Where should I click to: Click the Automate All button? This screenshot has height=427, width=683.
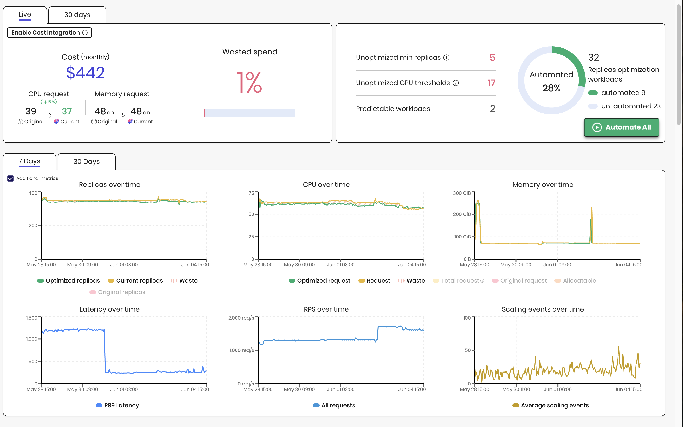click(621, 127)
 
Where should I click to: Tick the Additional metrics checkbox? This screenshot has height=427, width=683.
click(11, 178)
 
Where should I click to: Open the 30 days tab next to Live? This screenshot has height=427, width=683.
click(77, 15)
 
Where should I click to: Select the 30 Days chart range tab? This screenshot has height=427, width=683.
click(86, 161)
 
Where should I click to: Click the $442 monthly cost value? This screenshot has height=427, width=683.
click(85, 73)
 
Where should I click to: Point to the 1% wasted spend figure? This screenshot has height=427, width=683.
click(249, 83)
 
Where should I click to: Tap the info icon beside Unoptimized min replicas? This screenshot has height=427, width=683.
click(446, 58)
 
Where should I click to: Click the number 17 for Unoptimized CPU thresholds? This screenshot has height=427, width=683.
click(491, 83)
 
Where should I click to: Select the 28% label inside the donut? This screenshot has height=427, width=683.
click(551, 88)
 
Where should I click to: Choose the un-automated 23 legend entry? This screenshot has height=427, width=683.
click(624, 106)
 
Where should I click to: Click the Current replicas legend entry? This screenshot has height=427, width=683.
click(135, 281)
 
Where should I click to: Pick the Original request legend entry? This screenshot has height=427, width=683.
click(519, 281)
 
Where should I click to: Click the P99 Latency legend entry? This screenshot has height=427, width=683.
click(118, 406)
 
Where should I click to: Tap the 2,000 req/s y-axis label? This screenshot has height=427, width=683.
click(241, 318)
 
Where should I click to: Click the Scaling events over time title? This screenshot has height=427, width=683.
click(543, 309)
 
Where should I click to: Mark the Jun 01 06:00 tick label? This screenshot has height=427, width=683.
click(558, 389)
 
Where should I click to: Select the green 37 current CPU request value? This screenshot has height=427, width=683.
click(67, 111)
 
